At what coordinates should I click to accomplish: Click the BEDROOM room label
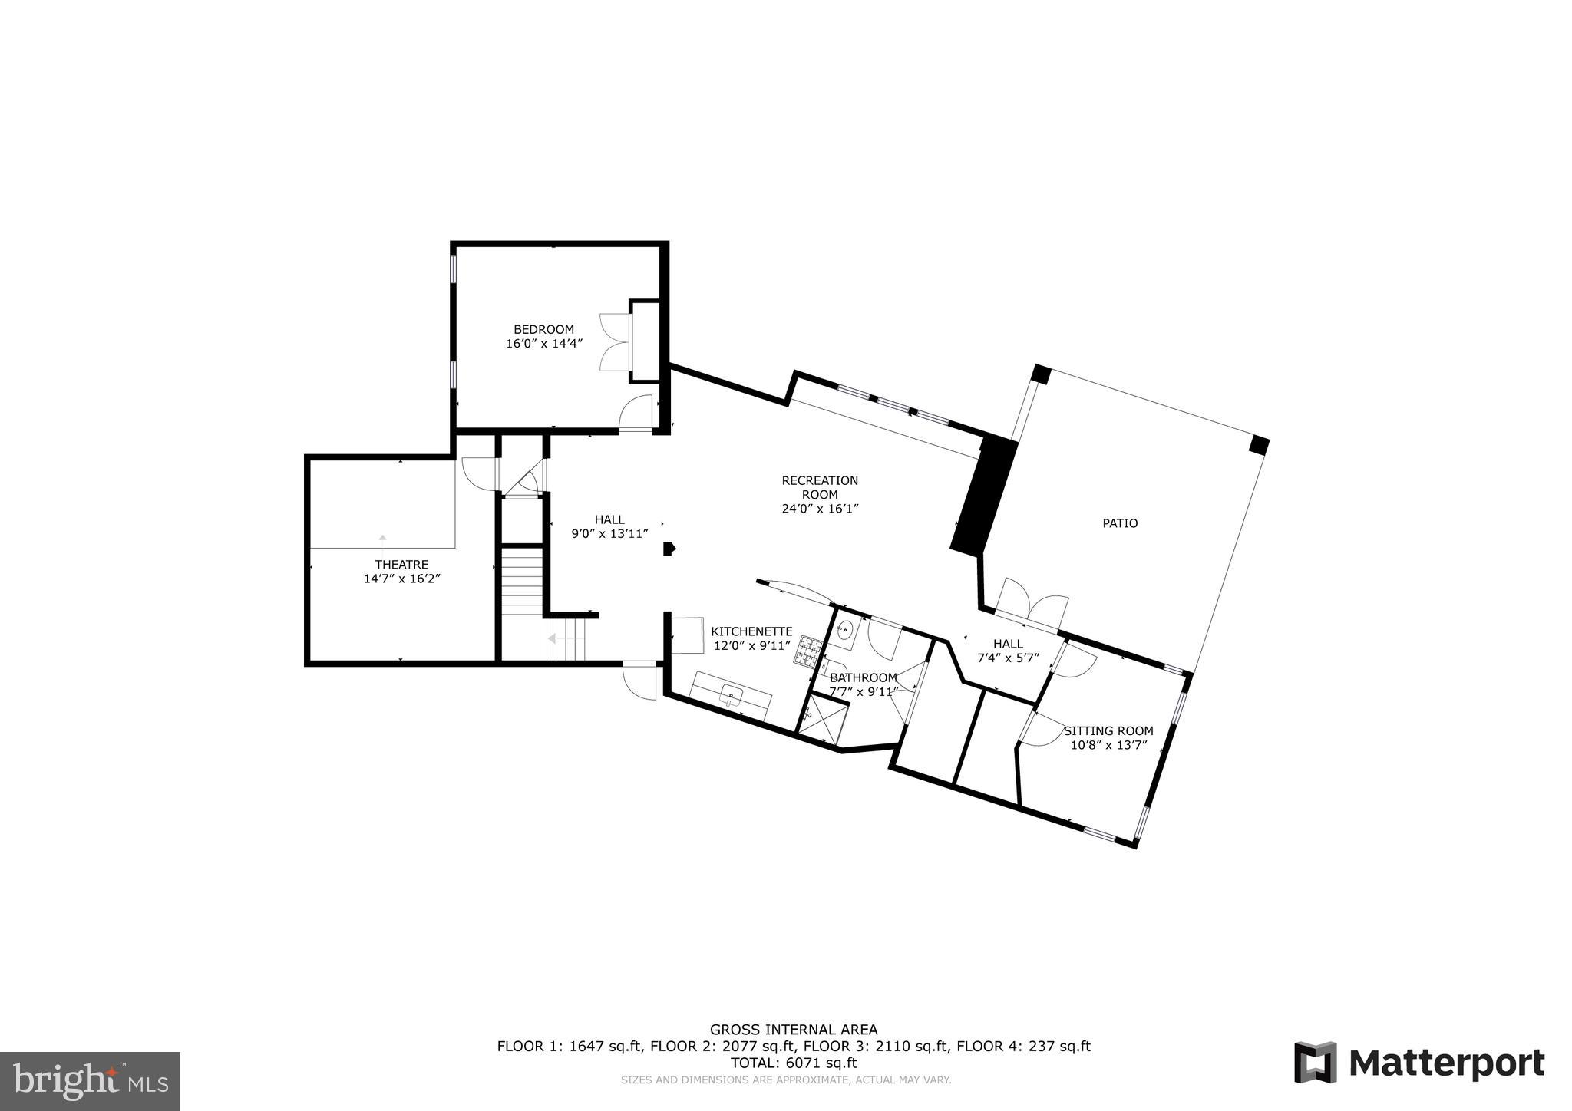pyautogui.click(x=543, y=330)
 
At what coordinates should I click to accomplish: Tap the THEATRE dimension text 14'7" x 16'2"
pyautogui.click(x=401, y=579)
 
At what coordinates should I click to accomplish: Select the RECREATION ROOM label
pyautogui.click(x=819, y=487)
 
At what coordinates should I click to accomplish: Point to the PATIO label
pyautogui.click(x=1119, y=523)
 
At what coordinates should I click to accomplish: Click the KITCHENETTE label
pyautogui.click(x=751, y=631)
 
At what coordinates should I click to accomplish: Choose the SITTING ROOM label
pyautogui.click(x=1108, y=730)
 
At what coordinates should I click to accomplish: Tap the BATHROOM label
pyautogui.click(x=863, y=677)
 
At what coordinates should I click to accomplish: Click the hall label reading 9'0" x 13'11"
pyautogui.click(x=609, y=533)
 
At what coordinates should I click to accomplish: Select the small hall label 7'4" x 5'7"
pyautogui.click(x=1007, y=658)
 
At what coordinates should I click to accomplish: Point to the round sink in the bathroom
pyautogui.click(x=844, y=631)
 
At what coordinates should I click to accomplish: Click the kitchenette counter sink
pyautogui.click(x=732, y=697)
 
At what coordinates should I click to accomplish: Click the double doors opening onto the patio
pyautogui.click(x=1031, y=603)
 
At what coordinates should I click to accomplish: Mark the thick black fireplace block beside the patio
pyautogui.click(x=984, y=495)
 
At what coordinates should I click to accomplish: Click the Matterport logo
pyautogui.click(x=1419, y=1063)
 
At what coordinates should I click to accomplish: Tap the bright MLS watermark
pyautogui.click(x=90, y=1080)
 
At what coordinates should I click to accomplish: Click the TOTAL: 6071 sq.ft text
pyautogui.click(x=793, y=1063)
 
